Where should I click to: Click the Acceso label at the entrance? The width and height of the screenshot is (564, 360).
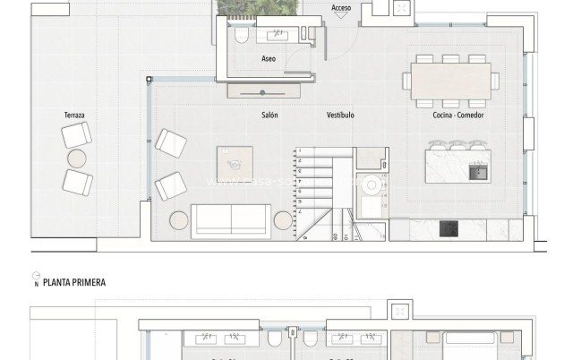pos(341,8)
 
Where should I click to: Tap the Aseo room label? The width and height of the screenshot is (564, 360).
pos(269,59)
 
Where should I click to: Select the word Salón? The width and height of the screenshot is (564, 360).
pos(269,116)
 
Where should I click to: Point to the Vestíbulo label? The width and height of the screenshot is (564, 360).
pos(340,116)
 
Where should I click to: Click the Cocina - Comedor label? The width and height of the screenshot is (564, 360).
pos(453,116)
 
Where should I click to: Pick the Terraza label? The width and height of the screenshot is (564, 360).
pos(74,116)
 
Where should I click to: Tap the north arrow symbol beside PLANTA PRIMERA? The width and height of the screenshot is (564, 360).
pos(36,279)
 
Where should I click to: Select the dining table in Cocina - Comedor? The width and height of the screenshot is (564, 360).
pos(450,78)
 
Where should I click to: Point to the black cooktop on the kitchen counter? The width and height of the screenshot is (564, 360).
pos(449,229)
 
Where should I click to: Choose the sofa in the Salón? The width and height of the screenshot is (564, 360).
pos(232,219)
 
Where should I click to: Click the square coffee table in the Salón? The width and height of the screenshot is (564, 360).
pos(235,162)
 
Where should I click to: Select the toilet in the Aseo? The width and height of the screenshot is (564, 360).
pos(241,36)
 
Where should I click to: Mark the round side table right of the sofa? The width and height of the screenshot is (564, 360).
pos(284,219)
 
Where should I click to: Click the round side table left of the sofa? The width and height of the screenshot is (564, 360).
pos(179,219)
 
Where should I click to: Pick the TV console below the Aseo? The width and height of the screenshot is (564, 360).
pos(262,91)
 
